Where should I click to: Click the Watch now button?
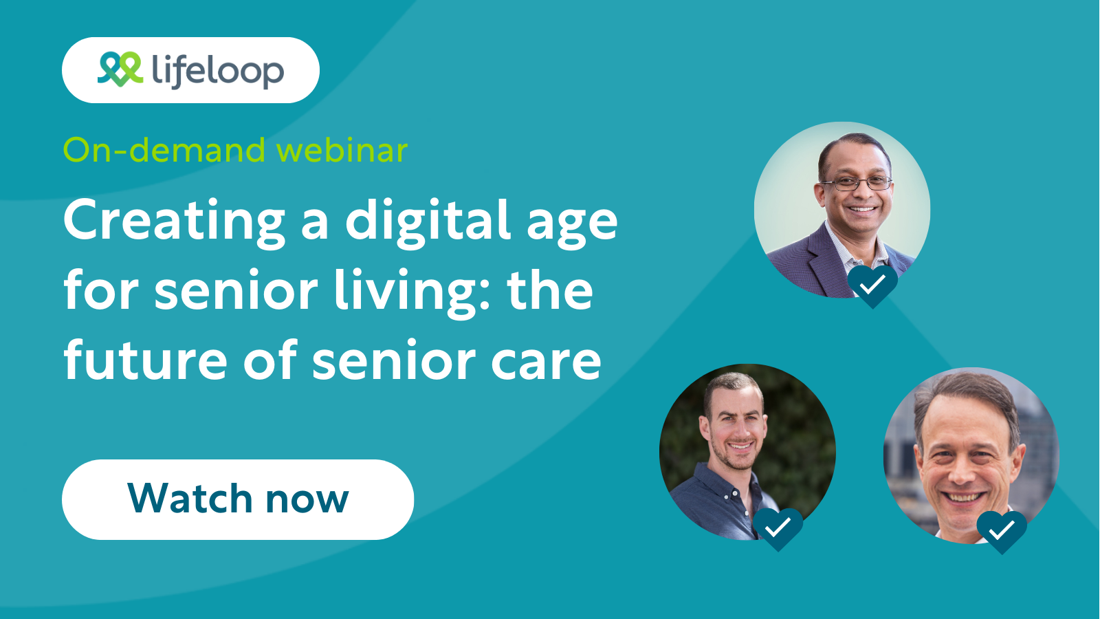(x=238, y=499)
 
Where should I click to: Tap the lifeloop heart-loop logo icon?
(x=120, y=69)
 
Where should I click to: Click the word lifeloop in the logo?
(x=217, y=70)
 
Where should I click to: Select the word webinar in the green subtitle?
(x=342, y=150)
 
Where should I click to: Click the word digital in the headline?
(x=428, y=221)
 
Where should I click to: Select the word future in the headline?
(x=145, y=360)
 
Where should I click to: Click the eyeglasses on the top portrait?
(x=855, y=184)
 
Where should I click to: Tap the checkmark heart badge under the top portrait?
(x=872, y=283)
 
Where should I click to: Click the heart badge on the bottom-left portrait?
(x=778, y=528)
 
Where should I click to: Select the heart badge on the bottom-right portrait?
(x=1002, y=530)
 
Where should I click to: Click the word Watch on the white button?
(x=190, y=499)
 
